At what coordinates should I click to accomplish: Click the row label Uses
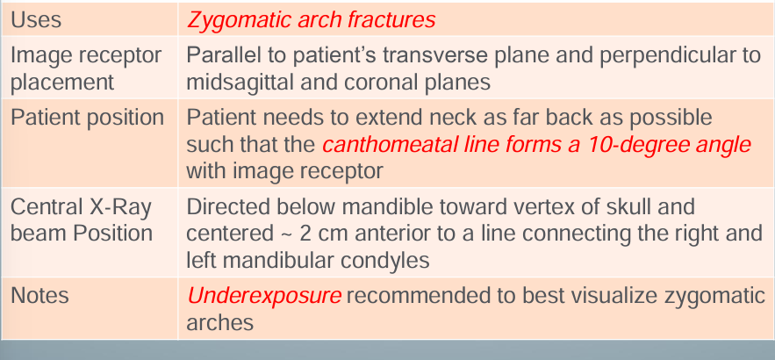[x=36, y=19]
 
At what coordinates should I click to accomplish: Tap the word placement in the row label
[x=62, y=82]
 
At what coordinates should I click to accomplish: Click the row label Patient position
[x=86, y=117]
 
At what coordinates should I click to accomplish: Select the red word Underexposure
[x=264, y=296]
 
